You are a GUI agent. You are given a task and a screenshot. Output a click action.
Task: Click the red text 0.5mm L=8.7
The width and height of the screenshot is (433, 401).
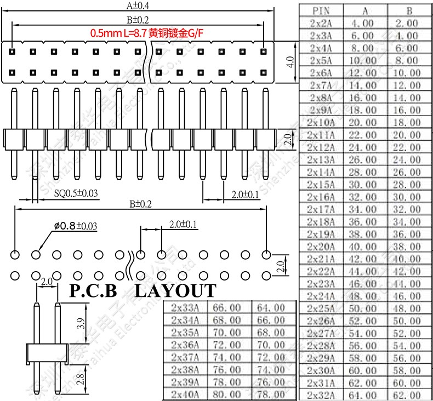[119, 33]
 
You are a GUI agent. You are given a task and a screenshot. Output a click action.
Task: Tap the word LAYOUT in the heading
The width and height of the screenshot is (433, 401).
[175, 290]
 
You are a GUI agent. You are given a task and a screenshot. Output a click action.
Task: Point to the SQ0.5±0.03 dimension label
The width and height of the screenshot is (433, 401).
[76, 193]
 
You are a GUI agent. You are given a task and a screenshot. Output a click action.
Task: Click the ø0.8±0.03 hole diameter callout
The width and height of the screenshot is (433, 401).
[75, 226]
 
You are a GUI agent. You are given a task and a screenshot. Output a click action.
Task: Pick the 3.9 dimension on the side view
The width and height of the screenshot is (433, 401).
[81, 324]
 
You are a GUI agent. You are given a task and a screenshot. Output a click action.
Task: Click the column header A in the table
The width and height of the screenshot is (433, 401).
[365, 10]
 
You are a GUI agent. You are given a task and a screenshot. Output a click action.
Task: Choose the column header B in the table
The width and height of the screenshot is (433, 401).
[409, 10]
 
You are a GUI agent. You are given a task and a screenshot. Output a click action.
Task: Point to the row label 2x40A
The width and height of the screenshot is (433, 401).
[185, 394]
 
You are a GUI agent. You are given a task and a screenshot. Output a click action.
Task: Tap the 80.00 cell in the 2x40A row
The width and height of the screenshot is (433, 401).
[229, 394]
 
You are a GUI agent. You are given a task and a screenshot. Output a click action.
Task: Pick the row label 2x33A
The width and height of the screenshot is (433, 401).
[185, 308]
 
